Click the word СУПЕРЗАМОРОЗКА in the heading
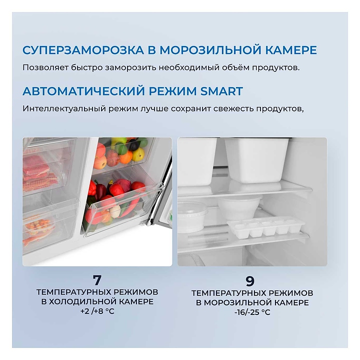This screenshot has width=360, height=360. click(x=83, y=50)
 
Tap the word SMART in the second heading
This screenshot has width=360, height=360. click(x=221, y=91)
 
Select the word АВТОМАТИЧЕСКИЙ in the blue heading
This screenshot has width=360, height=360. click(x=84, y=91)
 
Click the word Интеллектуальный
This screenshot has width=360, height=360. click(x=64, y=108)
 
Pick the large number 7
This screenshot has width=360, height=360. click(x=97, y=280)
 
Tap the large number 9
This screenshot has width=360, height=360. click(x=250, y=281)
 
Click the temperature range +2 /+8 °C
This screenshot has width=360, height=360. click(x=97, y=311)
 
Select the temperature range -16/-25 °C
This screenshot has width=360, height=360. click(x=252, y=312)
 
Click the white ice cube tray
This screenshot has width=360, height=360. click(x=266, y=227)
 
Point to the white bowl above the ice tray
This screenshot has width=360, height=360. click(x=240, y=207)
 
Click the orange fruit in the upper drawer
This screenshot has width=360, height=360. click(x=126, y=157)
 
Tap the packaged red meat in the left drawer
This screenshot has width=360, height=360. click(x=36, y=167)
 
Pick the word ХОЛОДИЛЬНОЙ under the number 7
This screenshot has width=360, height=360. click(x=86, y=301)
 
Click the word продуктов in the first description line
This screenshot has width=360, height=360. click(x=275, y=68)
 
